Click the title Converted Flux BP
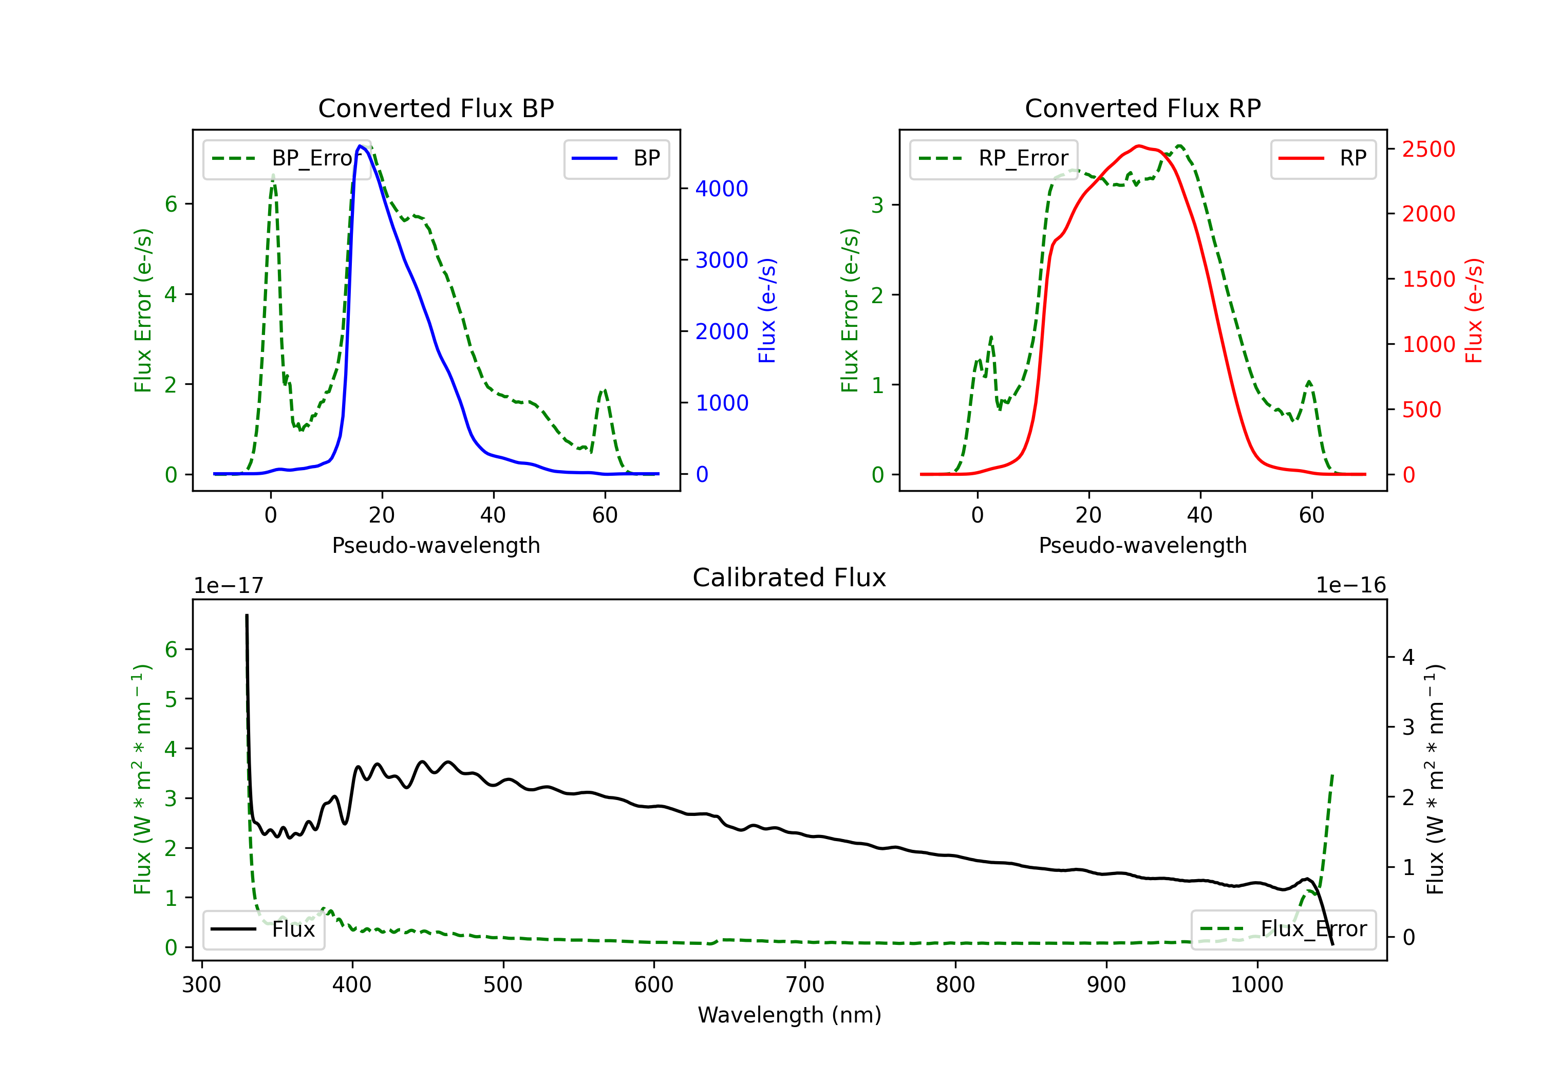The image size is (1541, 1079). point(436,108)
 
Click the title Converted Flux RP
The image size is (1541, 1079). point(1142,108)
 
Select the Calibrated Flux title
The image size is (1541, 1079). point(790,578)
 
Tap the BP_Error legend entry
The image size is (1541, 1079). point(287,158)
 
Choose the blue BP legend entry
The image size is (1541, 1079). point(616,158)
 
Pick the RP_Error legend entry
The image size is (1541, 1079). point(993,158)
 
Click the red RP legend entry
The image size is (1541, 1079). point(1323,158)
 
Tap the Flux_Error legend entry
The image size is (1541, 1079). point(1283,929)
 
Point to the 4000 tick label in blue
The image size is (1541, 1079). point(722,189)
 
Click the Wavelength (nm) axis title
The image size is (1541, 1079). point(790,1015)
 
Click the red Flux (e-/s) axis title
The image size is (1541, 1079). point(1473,310)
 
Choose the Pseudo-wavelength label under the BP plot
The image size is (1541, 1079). point(436,545)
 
